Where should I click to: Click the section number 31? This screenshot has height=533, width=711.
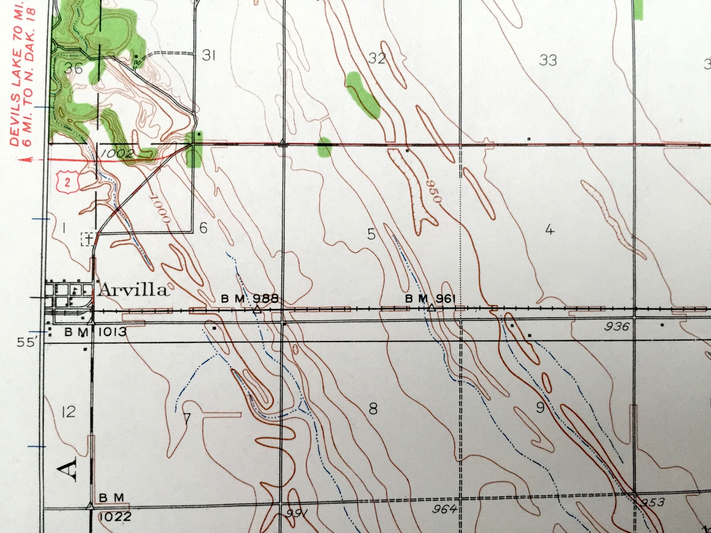pos(208,56)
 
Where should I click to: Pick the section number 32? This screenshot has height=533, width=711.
pos(377,59)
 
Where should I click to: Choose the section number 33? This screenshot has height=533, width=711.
pos(548,60)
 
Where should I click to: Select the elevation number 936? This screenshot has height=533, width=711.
pos(616,327)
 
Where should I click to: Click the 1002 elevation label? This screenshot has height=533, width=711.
pos(116,154)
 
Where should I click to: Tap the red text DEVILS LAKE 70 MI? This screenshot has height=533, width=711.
pos(16,74)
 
